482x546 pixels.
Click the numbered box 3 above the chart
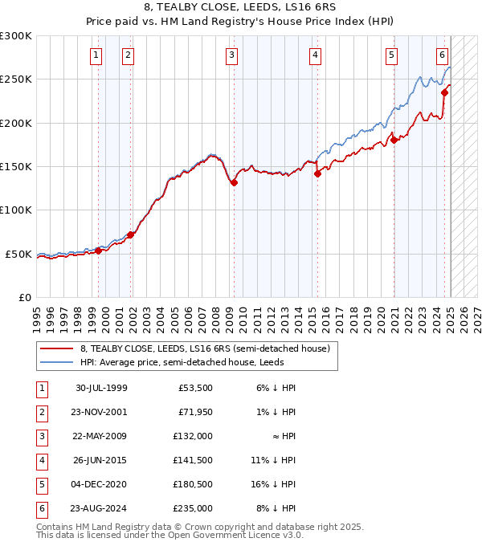[x=231, y=55]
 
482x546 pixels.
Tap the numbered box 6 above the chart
[x=442, y=55]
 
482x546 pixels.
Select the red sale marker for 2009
[x=234, y=182]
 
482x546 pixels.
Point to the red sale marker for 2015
[x=317, y=173]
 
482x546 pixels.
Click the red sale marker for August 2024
[x=444, y=92]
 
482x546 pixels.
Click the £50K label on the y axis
[x=18, y=254]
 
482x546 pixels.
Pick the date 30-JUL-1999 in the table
[x=101, y=387]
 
